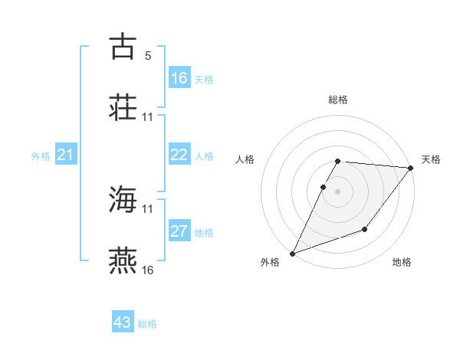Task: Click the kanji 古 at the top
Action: click(x=123, y=46)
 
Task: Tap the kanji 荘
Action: click(x=123, y=106)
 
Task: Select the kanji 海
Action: click(x=123, y=200)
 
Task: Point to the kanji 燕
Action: click(x=123, y=260)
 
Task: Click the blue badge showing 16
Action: click(x=179, y=78)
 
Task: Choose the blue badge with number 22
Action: click(x=179, y=155)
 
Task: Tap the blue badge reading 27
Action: click(x=179, y=232)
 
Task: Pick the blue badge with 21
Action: click(x=66, y=155)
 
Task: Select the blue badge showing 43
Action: click(x=123, y=322)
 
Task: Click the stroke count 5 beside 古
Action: click(x=148, y=56)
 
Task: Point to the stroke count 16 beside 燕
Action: click(x=148, y=270)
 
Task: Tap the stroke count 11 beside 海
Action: click(x=148, y=208)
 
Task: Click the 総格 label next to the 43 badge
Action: click(x=148, y=324)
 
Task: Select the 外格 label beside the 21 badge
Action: click(x=41, y=156)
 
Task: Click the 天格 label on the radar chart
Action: click(x=431, y=159)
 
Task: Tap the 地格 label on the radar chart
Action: click(x=402, y=263)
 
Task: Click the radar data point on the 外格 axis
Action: click(x=292, y=254)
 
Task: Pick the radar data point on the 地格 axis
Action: click(x=365, y=229)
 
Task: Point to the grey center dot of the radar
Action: click(x=337, y=191)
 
